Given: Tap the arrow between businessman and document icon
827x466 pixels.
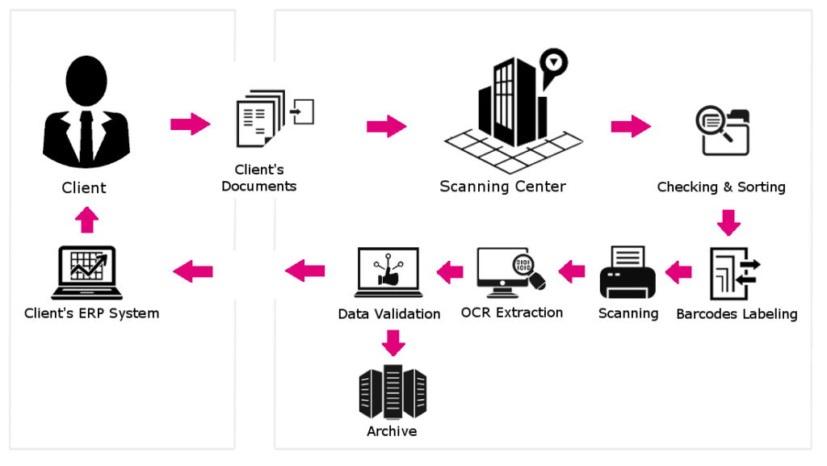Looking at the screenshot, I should pos(191,124).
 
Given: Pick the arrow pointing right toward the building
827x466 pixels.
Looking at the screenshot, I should pos(386,126).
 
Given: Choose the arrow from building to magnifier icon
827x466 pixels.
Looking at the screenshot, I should pos(631,126).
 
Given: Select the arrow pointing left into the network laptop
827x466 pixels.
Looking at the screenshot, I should pos(451,272).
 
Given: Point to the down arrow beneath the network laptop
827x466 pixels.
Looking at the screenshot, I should pos(393,342).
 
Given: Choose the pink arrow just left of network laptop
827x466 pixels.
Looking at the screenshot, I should pos(306,271).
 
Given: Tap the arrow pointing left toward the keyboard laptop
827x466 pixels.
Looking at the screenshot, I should pos(194,271).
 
